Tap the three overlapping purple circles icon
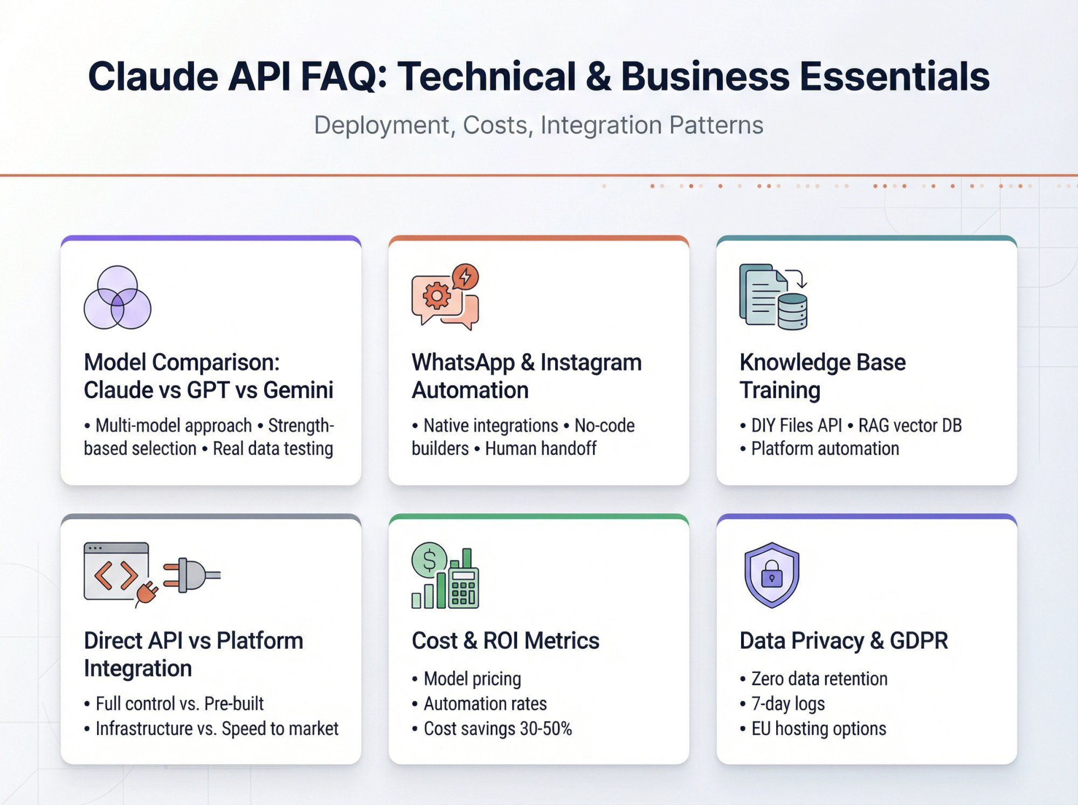point(118,297)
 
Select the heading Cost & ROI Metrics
point(505,641)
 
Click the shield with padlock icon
point(771,575)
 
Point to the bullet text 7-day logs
point(787,704)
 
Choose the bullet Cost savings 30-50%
point(497,728)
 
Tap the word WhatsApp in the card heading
point(463,362)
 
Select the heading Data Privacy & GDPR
point(844,641)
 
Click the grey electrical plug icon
point(191,575)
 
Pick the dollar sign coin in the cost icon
point(429,560)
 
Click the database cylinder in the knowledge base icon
point(792,312)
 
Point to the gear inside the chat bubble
point(437,295)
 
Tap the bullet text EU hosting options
point(818,728)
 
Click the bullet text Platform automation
point(825,449)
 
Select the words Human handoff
point(541,449)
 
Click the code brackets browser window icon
point(116,572)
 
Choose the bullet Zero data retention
point(819,679)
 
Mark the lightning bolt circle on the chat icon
point(465,277)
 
